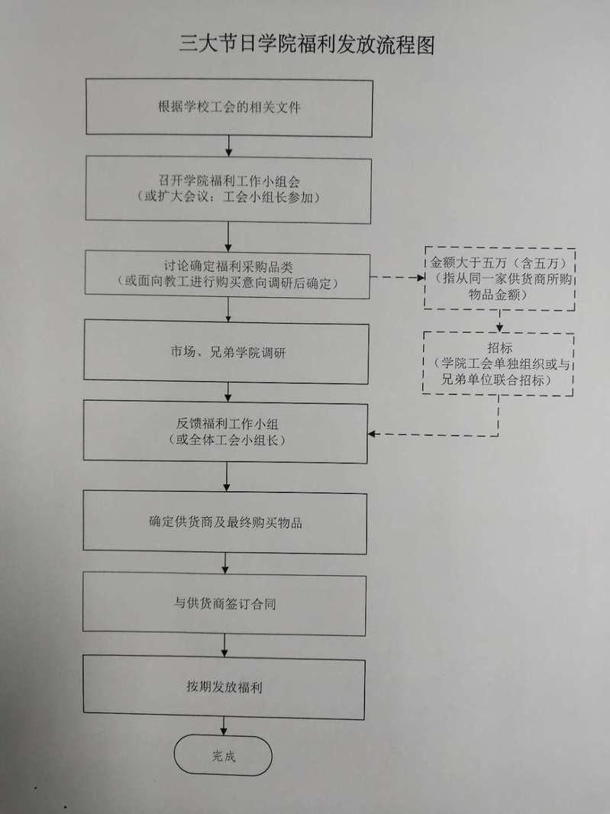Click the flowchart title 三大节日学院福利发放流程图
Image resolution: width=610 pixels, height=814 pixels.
pyautogui.click(x=307, y=44)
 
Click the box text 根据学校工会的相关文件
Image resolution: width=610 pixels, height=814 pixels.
pyautogui.click(x=230, y=107)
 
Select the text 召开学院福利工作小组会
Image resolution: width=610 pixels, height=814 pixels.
pyautogui.click(x=229, y=181)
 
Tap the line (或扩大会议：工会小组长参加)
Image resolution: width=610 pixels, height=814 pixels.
pyautogui.click(x=228, y=197)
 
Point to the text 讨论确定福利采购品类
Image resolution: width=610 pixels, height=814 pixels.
pyautogui.click(x=228, y=266)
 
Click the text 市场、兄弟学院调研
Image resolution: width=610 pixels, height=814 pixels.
pyautogui.click(x=228, y=353)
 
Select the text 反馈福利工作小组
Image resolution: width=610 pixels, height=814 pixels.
pyautogui.click(x=227, y=424)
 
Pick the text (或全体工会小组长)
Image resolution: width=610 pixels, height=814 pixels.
pyautogui.click(x=227, y=440)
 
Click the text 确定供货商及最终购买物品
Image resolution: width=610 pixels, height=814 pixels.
pyautogui.click(x=225, y=522)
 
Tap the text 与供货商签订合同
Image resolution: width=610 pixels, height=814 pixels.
pyautogui.click(x=224, y=604)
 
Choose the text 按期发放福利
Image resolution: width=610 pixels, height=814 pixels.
pyautogui.click(x=224, y=686)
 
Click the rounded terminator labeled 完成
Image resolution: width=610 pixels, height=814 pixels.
pyautogui.click(x=223, y=755)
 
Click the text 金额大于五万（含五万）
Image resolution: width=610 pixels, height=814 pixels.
pyautogui.click(x=499, y=263)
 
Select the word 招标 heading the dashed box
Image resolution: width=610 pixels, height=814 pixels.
pyautogui.click(x=499, y=347)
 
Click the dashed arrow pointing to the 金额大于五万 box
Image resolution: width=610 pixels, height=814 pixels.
pyautogui.click(x=397, y=277)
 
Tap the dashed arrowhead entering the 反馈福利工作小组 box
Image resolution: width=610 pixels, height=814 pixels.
pyautogui.click(x=371, y=434)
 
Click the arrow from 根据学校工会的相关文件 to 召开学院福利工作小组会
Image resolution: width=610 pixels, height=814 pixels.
pyautogui.click(x=228, y=146)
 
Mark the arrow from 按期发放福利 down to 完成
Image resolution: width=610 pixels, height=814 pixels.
pyautogui.click(x=224, y=726)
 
